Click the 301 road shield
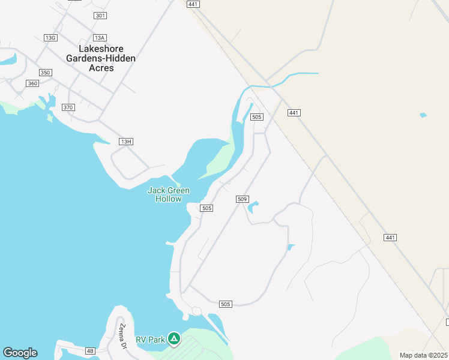coord(100,15)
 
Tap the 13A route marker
coord(100,38)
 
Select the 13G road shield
coord(50,38)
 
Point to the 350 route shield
coord(46,72)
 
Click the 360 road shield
coord(32,83)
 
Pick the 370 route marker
coord(68,107)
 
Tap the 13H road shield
coord(125,141)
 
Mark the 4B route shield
coord(90,350)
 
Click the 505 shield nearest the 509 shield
coord(206,208)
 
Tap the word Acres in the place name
coord(101,68)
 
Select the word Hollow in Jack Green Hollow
coord(169,199)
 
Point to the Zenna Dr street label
coord(122,336)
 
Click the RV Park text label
coord(150,340)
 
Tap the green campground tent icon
coord(173,339)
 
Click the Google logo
coord(20,353)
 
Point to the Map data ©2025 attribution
coord(424,355)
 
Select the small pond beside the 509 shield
coord(253,206)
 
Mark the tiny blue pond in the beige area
coord(423,115)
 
